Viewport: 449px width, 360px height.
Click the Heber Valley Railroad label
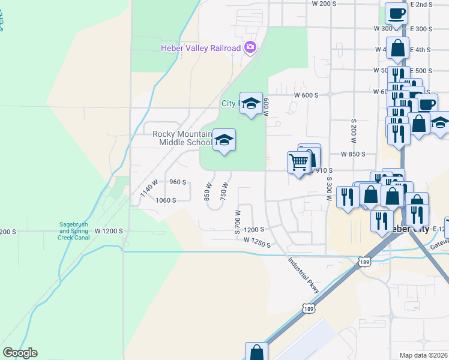(x=200, y=48)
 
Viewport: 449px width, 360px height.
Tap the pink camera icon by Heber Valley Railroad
(x=250, y=47)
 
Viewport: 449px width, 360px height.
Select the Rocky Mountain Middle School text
(x=182, y=138)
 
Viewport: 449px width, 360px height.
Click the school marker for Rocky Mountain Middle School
(x=224, y=140)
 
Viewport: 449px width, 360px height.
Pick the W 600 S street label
(x=306, y=95)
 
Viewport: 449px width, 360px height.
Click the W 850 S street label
(x=353, y=154)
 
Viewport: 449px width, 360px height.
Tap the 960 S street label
(x=178, y=182)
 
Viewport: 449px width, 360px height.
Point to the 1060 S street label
(x=165, y=200)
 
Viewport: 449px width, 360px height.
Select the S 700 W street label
(x=238, y=221)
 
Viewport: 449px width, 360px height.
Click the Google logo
(x=20, y=353)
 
